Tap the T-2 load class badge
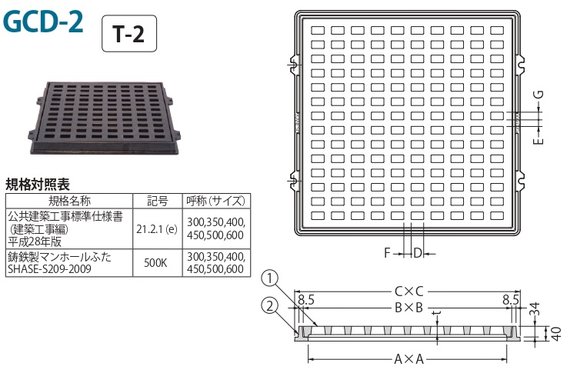point(129,34)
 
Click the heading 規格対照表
point(38,185)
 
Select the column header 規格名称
point(69,201)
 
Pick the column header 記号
point(158,201)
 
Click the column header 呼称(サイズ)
point(216,201)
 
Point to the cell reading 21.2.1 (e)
point(157,229)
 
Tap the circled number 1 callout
point(271,278)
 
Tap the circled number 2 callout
point(271,305)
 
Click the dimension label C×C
point(409,291)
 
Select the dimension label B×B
point(409,308)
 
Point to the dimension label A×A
point(409,358)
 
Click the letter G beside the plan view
point(538,95)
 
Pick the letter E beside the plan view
point(538,141)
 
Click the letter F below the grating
point(387,253)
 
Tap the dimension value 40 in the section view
point(557,333)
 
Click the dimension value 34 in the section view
point(535,309)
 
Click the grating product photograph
point(104,118)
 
